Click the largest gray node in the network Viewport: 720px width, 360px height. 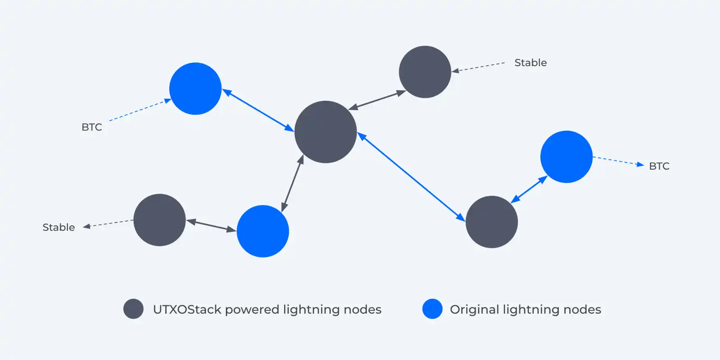tap(325, 132)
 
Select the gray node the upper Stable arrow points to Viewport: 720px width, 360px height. tap(425, 72)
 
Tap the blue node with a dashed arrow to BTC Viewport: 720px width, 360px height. tap(566, 157)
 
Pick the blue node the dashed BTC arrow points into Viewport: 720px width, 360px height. tap(195, 89)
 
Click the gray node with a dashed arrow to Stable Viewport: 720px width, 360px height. tap(159, 220)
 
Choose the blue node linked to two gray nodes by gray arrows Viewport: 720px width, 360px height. tap(262, 231)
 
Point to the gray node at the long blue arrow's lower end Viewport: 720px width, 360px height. tap(491, 222)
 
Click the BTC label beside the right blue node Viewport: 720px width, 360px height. tap(659, 166)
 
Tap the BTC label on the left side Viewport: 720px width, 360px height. tap(92, 127)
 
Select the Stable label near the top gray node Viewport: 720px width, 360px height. tap(531, 63)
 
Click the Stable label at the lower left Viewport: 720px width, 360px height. tap(58, 227)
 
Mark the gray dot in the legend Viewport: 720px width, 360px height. tap(133, 309)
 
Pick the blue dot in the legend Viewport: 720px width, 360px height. tap(432, 309)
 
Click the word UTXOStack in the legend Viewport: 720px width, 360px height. tap(187, 310)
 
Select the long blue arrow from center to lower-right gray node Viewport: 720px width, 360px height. tap(411, 177)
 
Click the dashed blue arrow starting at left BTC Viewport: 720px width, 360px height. tap(139, 110)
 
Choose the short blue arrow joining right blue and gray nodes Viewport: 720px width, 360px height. tap(529, 189)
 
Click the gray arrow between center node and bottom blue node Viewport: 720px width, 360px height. tap(292, 184)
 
